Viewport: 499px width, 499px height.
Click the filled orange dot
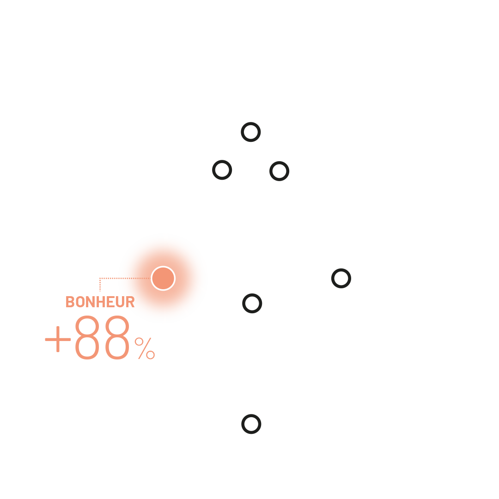coord(163,279)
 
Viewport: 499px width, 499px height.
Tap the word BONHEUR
coord(100,302)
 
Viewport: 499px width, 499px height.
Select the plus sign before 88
coord(58,339)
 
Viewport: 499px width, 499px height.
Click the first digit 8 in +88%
coord(87,337)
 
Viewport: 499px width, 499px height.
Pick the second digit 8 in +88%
coord(117,337)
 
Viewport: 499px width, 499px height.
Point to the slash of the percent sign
coord(145,348)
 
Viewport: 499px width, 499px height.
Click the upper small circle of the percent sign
coord(139,342)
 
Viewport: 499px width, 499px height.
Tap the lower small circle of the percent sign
coord(151,355)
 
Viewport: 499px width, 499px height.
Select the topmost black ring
coord(251,122)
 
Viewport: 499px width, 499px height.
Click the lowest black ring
coord(251,414)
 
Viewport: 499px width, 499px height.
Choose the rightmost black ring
coord(341,269)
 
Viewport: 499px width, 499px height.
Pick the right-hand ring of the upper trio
coord(280,162)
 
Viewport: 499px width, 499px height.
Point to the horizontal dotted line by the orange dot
coord(125,279)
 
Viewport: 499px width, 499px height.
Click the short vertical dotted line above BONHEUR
coord(100,285)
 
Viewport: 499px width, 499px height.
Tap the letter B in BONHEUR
coord(70,302)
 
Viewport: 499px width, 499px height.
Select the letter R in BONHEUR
coord(130,302)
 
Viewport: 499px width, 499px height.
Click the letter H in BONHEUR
coord(101,302)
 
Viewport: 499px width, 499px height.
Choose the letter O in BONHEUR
coord(80,302)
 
